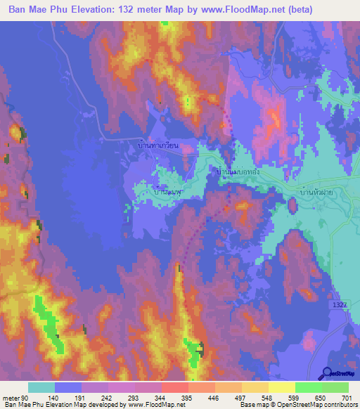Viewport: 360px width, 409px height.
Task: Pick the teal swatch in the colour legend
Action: click(41, 387)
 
